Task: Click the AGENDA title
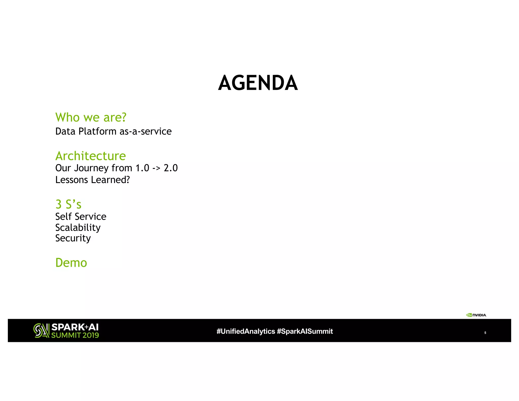[258, 83]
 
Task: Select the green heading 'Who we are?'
[91, 117]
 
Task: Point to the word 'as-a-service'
[145, 131]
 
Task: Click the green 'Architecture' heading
[90, 156]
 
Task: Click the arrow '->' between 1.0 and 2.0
[156, 168]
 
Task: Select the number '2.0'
[171, 168]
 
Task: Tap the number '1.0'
[142, 168]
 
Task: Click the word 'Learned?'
[110, 180]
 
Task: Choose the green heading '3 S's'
[68, 204]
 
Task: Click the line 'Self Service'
[81, 216]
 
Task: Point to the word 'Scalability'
[78, 227]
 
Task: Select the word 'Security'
[73, 238]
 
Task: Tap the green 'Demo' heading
[71, 263]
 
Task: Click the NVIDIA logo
[476, 315]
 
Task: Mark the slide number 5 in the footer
[485, 333]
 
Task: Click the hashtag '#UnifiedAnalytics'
[246, 331]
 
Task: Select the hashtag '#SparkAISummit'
[305, 331]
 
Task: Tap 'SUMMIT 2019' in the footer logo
[75, 335]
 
